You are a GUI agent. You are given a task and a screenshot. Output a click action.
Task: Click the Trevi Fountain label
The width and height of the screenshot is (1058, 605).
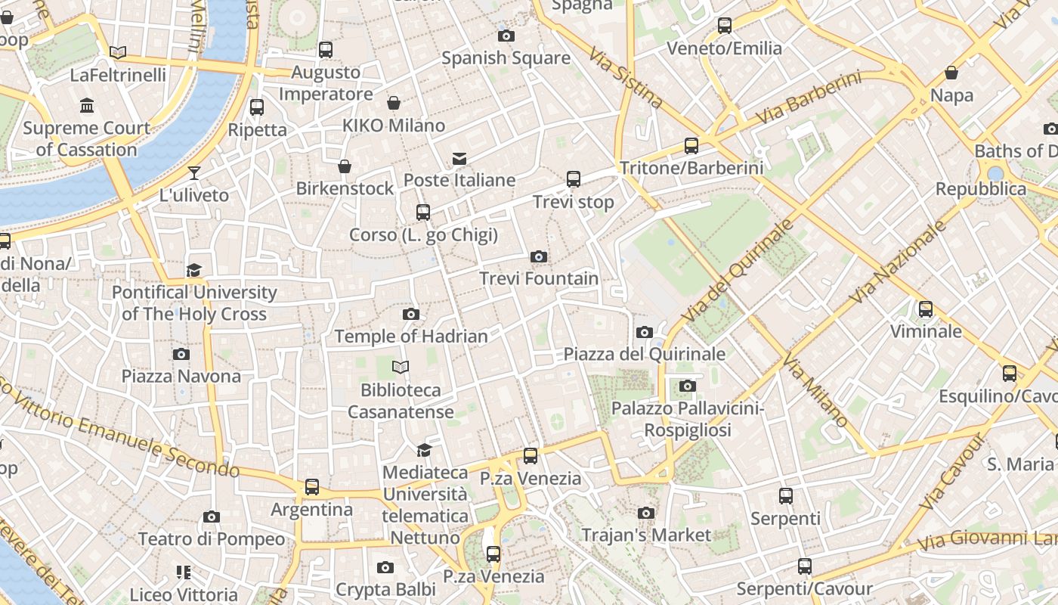539,278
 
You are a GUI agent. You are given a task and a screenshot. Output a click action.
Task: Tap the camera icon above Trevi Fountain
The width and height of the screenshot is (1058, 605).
539,257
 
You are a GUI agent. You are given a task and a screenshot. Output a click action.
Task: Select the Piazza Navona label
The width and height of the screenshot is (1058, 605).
181,376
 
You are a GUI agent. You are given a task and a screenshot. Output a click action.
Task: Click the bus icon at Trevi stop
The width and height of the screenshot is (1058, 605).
574,179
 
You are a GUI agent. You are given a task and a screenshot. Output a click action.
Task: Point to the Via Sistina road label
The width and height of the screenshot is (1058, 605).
626,79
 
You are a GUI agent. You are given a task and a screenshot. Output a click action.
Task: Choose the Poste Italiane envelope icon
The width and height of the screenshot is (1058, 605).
459,159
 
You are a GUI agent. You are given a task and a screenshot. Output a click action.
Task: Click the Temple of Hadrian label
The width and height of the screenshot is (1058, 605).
411,336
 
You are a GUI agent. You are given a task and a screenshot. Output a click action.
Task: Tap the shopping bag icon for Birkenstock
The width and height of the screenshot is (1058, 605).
345,166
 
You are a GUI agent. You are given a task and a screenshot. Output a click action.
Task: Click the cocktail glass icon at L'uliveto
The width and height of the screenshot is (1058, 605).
194,173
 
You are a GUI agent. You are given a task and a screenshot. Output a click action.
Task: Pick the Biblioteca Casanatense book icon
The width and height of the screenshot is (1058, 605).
401,368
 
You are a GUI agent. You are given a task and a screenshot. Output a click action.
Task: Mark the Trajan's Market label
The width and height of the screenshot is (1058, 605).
646,535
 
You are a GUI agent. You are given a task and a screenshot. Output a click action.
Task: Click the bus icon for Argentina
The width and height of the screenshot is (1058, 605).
312,487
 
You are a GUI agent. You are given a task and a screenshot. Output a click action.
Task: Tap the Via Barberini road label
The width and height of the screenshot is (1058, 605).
808,98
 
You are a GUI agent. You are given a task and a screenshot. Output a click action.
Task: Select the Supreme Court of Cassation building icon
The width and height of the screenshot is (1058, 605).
87,105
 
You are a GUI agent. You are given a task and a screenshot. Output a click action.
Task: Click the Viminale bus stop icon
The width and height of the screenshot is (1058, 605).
926,309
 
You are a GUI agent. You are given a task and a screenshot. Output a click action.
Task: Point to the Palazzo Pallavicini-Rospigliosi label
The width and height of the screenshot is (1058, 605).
687,420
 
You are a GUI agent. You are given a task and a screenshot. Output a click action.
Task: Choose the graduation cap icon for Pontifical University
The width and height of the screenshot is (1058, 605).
194,270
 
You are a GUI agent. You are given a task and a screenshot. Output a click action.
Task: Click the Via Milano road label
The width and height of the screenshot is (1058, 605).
815,389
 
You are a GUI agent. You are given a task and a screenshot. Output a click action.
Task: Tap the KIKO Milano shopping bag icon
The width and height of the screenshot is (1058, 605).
394,103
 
